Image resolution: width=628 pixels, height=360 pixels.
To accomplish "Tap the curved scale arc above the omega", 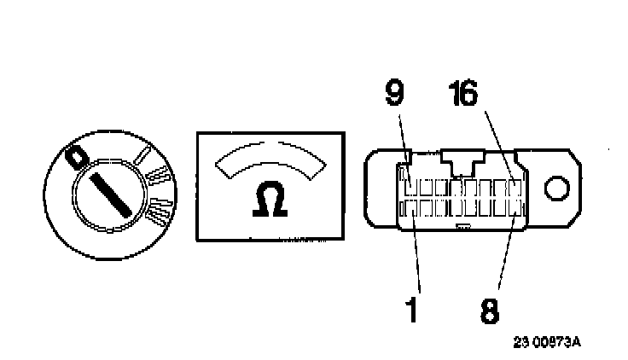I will click(271, 157).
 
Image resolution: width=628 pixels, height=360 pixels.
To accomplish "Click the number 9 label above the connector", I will click(393, 92).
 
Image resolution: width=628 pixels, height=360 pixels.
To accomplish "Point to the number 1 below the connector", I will click(411, 310).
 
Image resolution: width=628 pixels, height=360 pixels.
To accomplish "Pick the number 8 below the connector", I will click(489, 310).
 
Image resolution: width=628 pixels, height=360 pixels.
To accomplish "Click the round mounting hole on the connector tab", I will click(559, 188).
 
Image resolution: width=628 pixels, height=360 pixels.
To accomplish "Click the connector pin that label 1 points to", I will click(409, 206).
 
